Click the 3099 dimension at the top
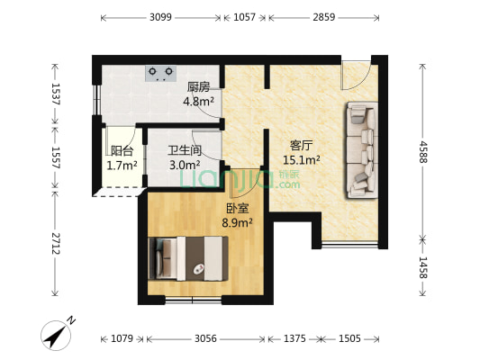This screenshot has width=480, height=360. click(x=160, y=17)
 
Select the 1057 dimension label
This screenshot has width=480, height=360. click(x=244, y=17)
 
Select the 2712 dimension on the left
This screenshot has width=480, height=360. click(x=55, y=244)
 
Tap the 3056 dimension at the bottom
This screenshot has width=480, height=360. click(x=205, y=339)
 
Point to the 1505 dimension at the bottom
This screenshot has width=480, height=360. click(x=350, y=339)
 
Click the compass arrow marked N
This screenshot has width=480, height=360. click(x=59, y=335)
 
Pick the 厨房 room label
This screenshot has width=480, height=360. click(x=199, y=87)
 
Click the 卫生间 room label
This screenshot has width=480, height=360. click(x=184, y=150)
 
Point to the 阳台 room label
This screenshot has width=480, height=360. click(x=122, y=151)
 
